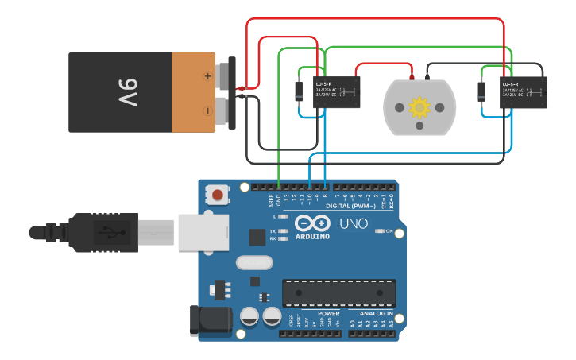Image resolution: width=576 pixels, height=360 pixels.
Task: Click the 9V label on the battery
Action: pyautogui.click(x=128, y=93)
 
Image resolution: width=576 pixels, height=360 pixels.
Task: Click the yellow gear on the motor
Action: pyautogui.click(x=419, y=106)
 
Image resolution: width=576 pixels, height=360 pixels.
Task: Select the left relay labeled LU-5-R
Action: pyautogui.click(x=336, y=91)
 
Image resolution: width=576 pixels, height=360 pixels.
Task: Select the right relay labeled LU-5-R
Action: pyautogui.click(x=523, y=92)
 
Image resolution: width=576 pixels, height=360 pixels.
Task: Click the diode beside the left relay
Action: pyautogui.click(x=299, y=91)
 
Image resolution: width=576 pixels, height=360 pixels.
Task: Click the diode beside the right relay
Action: pyautogui.click(x=481, y=91)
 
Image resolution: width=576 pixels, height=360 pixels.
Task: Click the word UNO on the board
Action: pyautogui.click(x=354, y=223)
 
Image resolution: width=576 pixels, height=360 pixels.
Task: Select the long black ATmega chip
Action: pyautogui.click(x=339, y=292)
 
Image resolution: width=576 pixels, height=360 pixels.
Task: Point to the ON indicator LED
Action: pyautogui.click(x=378, y=231)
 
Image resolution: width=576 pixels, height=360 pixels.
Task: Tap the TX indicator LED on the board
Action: pyautogui.click(x=283, y=231)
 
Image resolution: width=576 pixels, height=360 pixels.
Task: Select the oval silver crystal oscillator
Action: pyautogui.click(x=254, y=262)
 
